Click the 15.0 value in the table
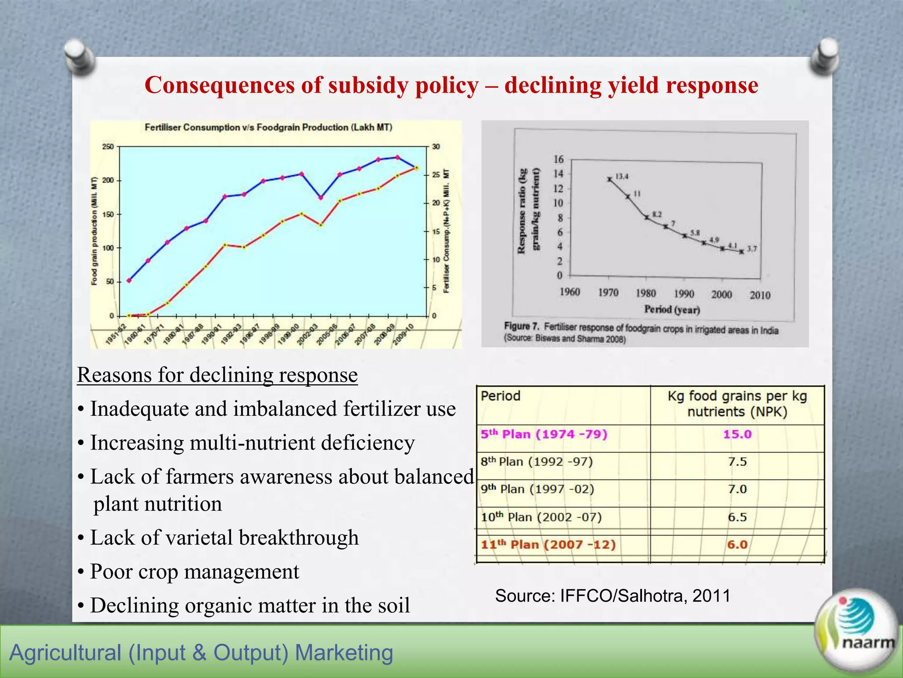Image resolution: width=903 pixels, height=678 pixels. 737,434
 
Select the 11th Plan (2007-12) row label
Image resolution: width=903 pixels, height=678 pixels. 548,544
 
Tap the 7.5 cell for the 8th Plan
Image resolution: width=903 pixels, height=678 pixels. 737,462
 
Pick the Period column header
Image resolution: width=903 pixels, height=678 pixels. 500,395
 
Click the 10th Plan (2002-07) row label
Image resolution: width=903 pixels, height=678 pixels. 541,517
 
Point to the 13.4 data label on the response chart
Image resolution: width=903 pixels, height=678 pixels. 622,177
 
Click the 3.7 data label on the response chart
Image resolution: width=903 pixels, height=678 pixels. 752,249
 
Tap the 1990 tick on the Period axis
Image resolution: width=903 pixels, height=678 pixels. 684,294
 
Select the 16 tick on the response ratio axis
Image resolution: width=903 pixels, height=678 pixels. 558,159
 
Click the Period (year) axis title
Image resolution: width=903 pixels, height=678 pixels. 672,309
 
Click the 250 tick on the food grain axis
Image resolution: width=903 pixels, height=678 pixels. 108,147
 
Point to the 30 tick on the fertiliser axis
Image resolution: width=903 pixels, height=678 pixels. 436,147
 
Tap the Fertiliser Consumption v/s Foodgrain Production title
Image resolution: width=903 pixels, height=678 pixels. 269,128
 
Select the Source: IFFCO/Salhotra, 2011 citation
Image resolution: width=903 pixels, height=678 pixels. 613,596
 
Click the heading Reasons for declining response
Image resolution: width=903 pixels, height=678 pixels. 217,375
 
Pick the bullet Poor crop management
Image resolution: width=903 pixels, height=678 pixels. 194,572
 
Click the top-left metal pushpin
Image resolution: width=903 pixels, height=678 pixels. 79,56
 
